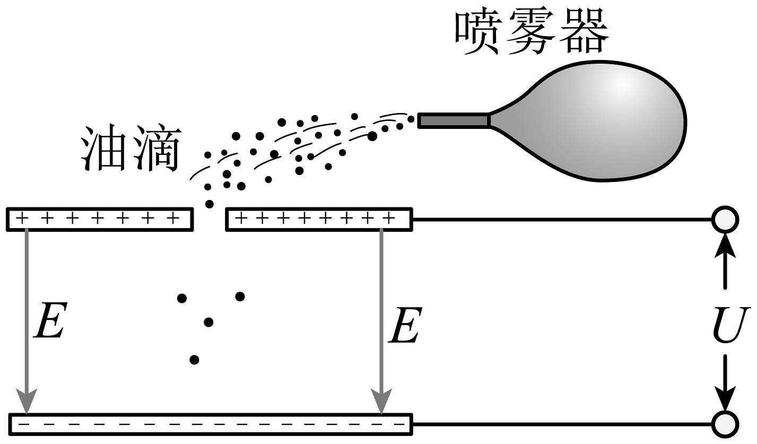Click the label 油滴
130,149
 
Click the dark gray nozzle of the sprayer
454,120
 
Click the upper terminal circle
725,219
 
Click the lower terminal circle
725,424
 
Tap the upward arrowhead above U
725,245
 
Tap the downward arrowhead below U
725,398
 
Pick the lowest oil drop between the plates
194,360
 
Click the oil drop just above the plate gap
210,204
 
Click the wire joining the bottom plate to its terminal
562,424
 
